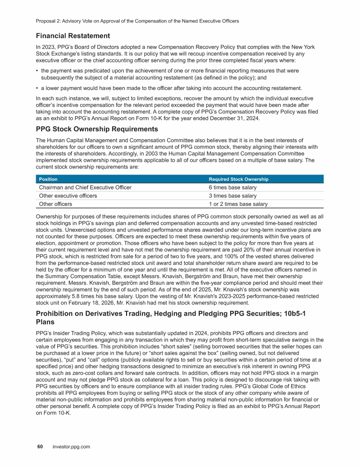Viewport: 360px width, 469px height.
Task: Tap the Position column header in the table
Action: point(49,179)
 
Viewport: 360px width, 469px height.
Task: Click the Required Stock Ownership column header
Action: point(239,179)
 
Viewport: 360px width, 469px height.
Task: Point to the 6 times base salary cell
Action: point(232,188)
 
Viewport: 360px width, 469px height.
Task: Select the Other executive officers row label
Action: point(68,196)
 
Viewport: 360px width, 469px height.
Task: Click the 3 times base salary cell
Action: point(232,196)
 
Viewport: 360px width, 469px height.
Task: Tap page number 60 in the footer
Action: point(40,447)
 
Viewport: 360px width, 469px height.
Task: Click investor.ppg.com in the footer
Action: point(71,447)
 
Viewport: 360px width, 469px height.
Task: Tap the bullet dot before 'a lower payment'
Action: point(37,88)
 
